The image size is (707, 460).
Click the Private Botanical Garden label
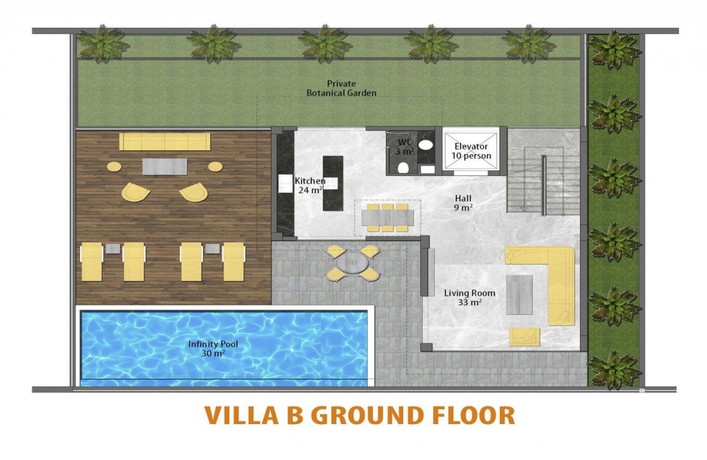point(341,88)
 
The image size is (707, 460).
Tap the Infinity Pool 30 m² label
point(213,348)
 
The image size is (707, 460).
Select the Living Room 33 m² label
point(469,298)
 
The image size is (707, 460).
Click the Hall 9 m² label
point(463,202)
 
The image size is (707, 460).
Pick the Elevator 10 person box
point(471,151)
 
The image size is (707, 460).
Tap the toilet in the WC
point(403,167)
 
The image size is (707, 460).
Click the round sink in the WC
point(426,145)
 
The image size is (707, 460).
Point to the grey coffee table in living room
point(519,294)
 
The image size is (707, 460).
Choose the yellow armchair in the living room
point(524,336)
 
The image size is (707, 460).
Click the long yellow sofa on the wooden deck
point(165,141)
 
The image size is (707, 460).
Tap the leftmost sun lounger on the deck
point(92,261)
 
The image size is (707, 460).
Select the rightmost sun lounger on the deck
point(234,261)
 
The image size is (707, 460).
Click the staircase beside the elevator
point(542,171)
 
